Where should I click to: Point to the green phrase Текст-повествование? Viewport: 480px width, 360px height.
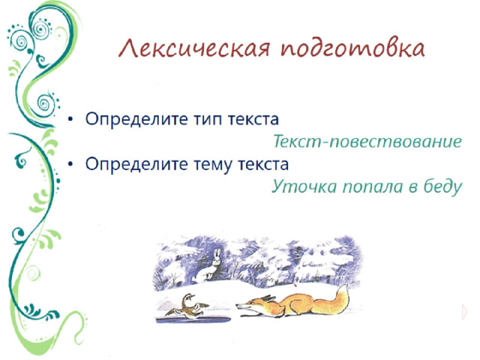366,142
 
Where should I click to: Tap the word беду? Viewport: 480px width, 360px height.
439,186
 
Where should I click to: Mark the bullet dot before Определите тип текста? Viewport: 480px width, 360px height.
70,120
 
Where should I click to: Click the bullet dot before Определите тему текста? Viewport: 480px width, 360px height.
70,164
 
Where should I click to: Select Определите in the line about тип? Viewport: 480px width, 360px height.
132,120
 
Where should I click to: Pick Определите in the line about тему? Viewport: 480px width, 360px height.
132,164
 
